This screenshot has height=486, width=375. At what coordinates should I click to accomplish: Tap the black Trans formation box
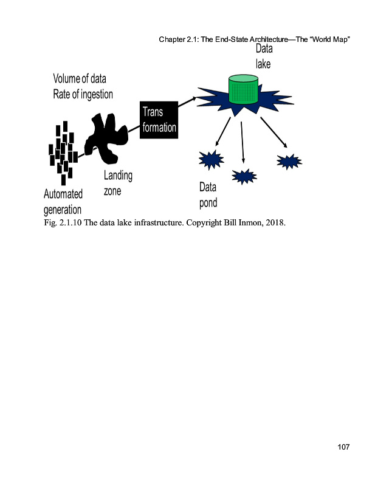point(159,120)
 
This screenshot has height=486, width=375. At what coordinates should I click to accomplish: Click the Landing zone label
point(117,183)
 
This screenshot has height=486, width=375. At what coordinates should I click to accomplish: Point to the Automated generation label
point(63,202)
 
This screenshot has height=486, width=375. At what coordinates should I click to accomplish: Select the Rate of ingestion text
point(83,95)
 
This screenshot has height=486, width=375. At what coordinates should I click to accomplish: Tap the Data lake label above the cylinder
point(264,55)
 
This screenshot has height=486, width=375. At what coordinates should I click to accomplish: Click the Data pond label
point(208,195)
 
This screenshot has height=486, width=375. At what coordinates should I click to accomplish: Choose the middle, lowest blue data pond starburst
point(244,176)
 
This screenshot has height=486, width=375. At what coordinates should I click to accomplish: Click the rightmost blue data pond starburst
point(289,161)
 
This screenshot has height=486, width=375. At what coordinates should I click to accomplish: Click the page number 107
point(343,448)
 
